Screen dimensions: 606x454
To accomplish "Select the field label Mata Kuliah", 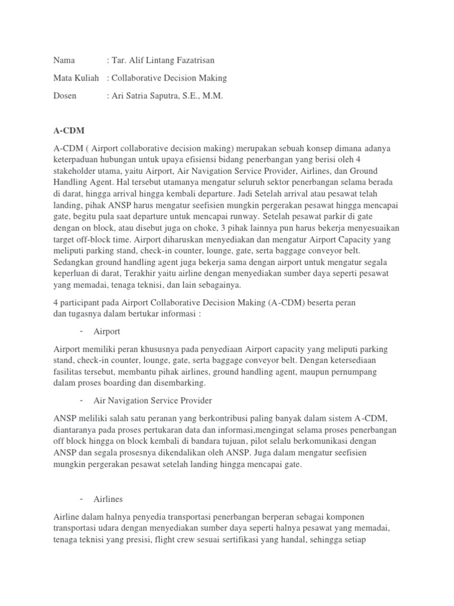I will pos(76,78).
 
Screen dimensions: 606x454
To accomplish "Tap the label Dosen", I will pos(65,95).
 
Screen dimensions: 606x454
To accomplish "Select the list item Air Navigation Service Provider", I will pos(153,401).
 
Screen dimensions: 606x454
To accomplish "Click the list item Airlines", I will pos(108,499).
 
